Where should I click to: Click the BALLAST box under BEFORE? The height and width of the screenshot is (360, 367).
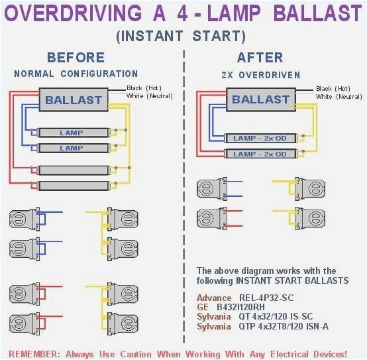pos(74,101)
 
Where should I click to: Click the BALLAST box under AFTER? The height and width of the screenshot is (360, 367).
pos(260,99)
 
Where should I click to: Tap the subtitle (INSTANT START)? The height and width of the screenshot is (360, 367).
pos(181,36)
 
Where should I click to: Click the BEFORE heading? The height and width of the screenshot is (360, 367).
pos(76,58)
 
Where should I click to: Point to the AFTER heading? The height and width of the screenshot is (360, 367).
pos(260,58)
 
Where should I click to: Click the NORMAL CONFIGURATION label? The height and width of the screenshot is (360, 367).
pos(76,74)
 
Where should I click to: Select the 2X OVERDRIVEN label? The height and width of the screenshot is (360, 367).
pos(260,75)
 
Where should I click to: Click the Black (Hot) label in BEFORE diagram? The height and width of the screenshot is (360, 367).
pos(143,88)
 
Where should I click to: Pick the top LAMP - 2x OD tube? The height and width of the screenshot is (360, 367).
pos(260,138)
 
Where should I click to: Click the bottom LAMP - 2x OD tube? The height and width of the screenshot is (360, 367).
pos(260,154)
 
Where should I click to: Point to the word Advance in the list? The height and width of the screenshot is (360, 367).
pos(214,298)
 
